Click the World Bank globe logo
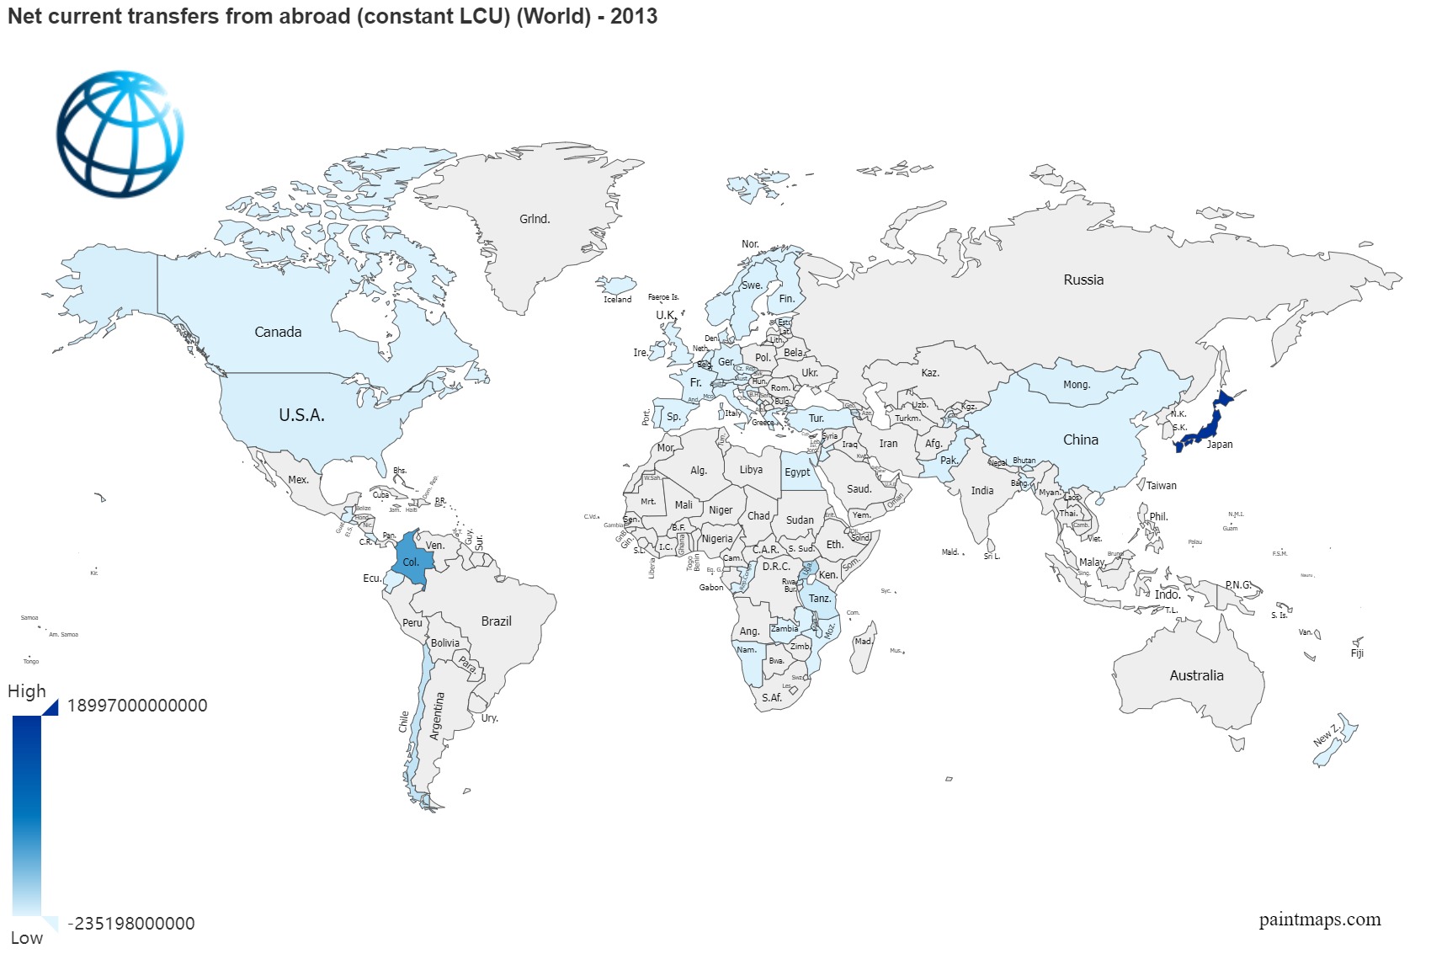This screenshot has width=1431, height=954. [x=120, y=134]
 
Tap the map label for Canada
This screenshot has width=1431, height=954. [x=278, y=332]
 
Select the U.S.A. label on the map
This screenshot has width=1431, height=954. [x=301, y=415]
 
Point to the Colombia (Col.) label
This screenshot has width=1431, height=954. [x=411, y=562]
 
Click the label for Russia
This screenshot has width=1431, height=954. [x=1083, y=280]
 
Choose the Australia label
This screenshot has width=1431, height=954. [x=1196, y=675]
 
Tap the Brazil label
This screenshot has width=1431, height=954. [x=496, y=621]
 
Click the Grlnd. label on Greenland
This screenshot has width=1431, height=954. [x=535, y=219]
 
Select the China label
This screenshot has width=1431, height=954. [x=1080, y=440]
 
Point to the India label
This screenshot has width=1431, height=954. [x=981, y=490]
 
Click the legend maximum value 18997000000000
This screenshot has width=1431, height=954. [x=137, y=706]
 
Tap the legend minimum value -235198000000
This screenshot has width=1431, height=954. [x=131, y=924]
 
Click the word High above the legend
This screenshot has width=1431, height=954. [x=27, y=691]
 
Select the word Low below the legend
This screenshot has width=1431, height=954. [x=27, y=938]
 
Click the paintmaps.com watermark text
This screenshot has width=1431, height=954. [x=1319, y=919]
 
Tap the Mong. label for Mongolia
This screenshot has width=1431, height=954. [x=1076, y=385]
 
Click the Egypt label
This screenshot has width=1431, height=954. [x=797, y=472]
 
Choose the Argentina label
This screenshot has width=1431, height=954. [x=436, y=716]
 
